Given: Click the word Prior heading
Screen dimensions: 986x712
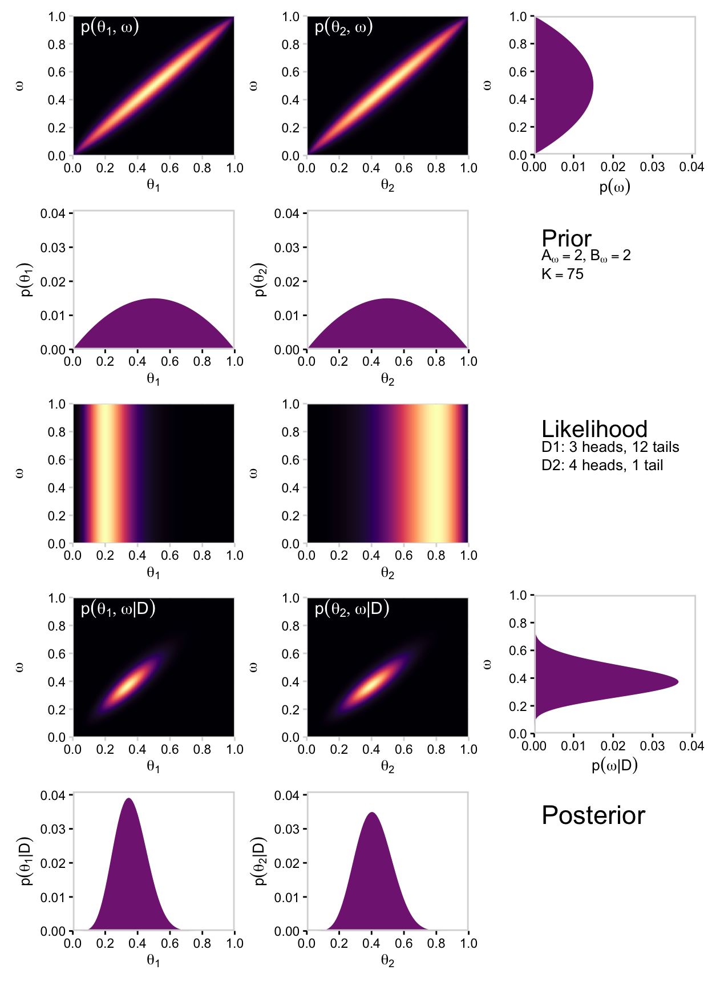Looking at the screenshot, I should tap(566, 239).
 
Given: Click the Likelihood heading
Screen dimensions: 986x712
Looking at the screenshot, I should tap(594, 429).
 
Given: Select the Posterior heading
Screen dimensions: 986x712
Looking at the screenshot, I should tap(593, 815).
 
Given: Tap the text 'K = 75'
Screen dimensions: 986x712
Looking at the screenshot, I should tap(562, 274).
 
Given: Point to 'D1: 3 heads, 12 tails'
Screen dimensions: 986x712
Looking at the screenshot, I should tap(610, 447).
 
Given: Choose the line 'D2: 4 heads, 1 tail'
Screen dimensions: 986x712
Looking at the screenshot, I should tap(602, 465).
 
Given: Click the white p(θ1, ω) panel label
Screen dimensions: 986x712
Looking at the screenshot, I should tap(110, 27).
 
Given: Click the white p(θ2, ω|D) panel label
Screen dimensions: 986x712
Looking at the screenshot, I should tap(351, 609).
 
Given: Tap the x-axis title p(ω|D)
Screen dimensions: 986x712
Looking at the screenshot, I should tap(614, 765).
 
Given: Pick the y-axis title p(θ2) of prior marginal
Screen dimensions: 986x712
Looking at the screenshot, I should tap(261, 280).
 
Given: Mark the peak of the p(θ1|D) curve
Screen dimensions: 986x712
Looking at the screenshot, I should tap(129, 799).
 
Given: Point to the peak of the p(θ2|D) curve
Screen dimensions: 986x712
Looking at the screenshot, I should tap(372, 813).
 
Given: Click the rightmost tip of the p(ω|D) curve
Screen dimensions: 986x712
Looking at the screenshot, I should tap(678, 681).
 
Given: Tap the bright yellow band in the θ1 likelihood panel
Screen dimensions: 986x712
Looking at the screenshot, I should tap(104, 474).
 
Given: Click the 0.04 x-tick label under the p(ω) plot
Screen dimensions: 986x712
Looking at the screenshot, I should tap(691, 167).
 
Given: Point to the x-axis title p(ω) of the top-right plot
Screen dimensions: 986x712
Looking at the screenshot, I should tap(614, 187).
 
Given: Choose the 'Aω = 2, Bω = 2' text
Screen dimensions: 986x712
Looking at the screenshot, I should tap(586, 256).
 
